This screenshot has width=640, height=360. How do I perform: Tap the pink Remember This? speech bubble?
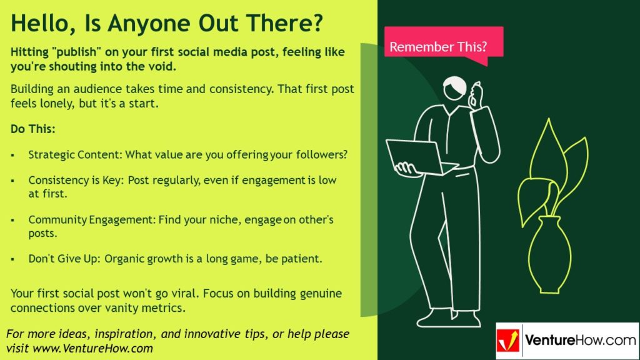pos(444,44)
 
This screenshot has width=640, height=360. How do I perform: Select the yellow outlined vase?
pos(549,255)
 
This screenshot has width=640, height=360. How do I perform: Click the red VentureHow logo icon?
pos(508,341)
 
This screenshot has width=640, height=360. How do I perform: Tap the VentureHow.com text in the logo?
pos(580,340)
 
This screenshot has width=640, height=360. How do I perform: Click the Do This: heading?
pos(33,129)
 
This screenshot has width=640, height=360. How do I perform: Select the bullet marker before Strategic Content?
pos(12,156)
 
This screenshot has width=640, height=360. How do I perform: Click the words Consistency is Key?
pos(74,181)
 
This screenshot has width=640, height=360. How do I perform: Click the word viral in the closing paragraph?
pos(186,294)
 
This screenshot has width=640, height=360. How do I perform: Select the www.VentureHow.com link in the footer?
pos(92,349)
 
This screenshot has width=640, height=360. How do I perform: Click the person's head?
pos(455,88)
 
